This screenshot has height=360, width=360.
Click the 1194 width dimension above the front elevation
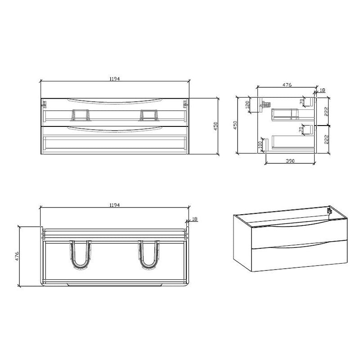click(x=115, y=78)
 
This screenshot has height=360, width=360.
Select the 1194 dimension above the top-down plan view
click(x=115, y=205)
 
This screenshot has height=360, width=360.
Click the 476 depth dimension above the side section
click(x=287, y=84)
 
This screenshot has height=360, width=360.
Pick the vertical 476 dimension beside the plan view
click(x=17, y=256)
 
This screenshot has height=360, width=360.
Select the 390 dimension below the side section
click(x=291, y=161)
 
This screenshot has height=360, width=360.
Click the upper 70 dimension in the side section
click(x=301, y=102)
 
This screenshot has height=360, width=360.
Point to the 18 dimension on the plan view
click(x=194, y=219)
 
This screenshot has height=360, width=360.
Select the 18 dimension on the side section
click(x=322, y=90)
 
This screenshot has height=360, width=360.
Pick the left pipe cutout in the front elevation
click(x=80, y=115)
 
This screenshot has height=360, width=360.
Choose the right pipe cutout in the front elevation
click(x=149, y=115)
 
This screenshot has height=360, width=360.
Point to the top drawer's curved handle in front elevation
click(x=115, y=100)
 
